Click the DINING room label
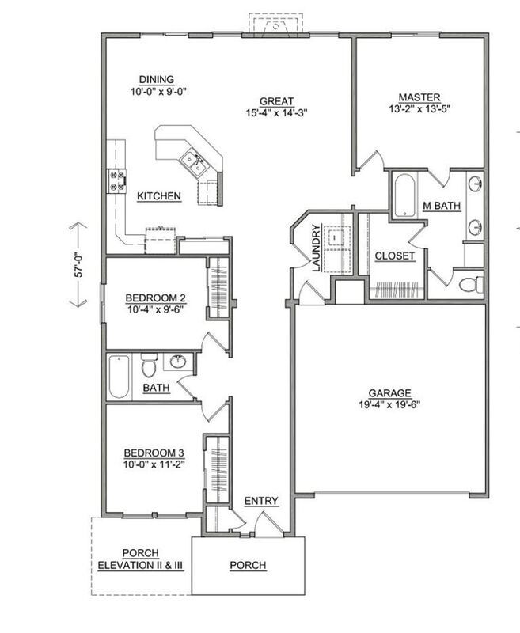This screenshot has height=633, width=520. click(156, 79)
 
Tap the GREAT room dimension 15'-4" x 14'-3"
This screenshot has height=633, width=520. click(275, 112)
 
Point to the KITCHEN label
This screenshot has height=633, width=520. click(159, 195)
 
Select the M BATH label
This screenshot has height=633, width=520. click(441, 206)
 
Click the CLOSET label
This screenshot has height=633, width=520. click(394, 256)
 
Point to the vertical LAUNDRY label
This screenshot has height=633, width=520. click(315, 249)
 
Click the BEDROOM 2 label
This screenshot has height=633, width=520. click(156, 298)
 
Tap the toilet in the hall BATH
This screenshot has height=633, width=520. click(149, 368)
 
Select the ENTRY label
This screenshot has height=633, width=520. click(260, 501)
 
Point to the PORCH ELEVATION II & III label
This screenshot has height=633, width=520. click(141, 559)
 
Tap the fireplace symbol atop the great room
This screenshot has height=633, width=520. click(275, 25)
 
